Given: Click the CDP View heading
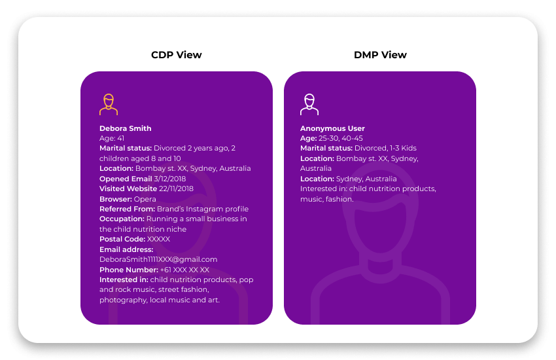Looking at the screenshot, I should click(x=176, y=55).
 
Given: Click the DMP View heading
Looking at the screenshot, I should click(x=380, y=55).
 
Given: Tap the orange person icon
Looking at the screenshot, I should click(x=109, y=105).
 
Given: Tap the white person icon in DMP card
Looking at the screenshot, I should click(x=309, y=105).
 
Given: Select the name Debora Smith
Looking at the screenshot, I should click(x=126, y=128).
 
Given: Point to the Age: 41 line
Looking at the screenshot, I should click(x=112, y=138).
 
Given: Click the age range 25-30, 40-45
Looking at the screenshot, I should click(x=341, y=138).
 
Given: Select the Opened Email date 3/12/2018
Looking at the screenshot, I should click(x=170, y=179).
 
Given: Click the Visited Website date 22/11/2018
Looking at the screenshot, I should click(x=176, y=189).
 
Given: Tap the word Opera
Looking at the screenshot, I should click(x=145, y=198).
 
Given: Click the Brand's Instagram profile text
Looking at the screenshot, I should click(x=203, y=209).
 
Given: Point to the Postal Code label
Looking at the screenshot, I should click(x=122, y=239).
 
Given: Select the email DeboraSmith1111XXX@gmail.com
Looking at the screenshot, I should click(x=158, y=259).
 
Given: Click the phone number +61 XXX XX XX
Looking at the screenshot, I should click(x=184, y=270).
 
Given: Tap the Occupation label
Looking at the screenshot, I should click(x=122, y=219).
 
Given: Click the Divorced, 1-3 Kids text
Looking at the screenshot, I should click(x=385, y=148).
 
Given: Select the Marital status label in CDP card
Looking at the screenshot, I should click(x=126, y=148).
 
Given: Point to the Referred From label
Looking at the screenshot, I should click(x=127, y=209).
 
